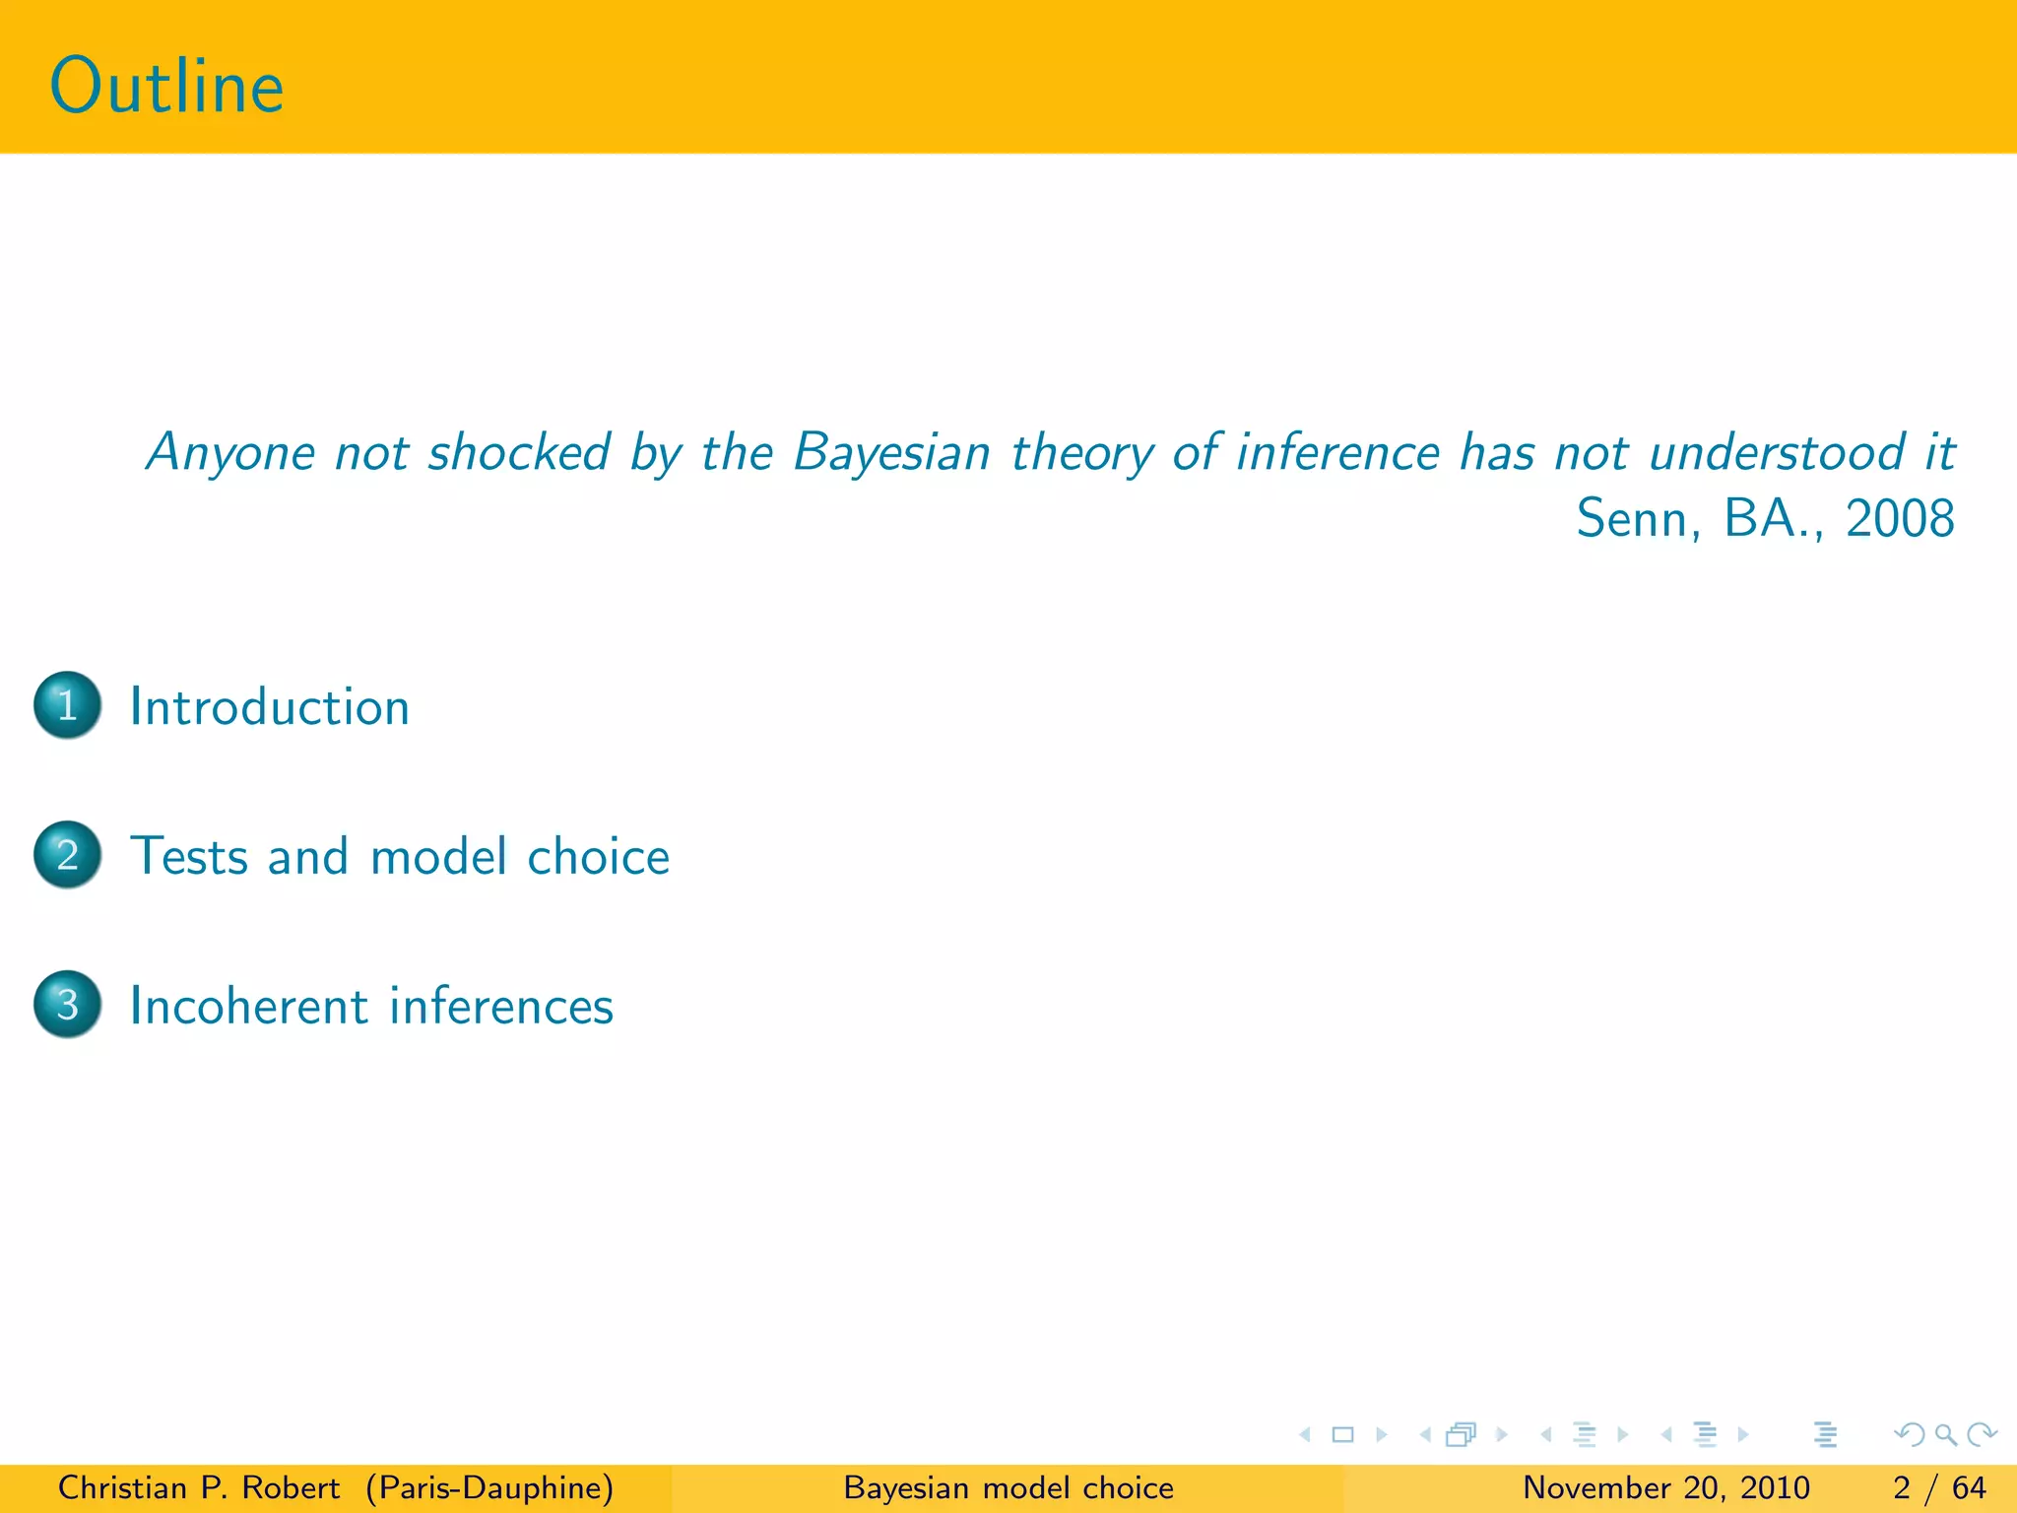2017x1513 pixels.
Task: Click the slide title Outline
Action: point(166,87)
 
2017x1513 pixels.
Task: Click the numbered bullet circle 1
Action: point(67,705)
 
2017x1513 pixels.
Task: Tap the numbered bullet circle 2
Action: point(67,855)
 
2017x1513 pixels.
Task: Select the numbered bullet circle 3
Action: point(67,1005)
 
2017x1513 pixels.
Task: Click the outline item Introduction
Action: point(270,707)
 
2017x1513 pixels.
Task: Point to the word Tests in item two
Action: point(189,856)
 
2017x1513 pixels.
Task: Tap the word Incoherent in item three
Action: point(249,1006)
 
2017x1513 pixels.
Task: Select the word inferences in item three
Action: point(501,1006)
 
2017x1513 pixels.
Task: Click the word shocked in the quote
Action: point(519,453)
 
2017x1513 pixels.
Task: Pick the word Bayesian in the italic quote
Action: point(891,453)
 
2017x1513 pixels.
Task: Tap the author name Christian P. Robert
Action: point(199,1487)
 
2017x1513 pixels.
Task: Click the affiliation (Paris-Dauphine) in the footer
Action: point(489,1487)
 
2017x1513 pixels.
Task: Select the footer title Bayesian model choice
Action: point(1008,1487)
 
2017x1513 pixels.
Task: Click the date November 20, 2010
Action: point(1666,1487)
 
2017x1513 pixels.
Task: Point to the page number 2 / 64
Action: point(1939,1487)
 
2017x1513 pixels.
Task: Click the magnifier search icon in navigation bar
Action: point(1945,1435)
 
